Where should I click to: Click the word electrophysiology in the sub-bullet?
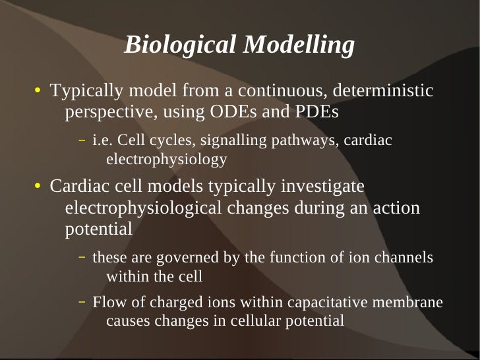click(x=166, y=159)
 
